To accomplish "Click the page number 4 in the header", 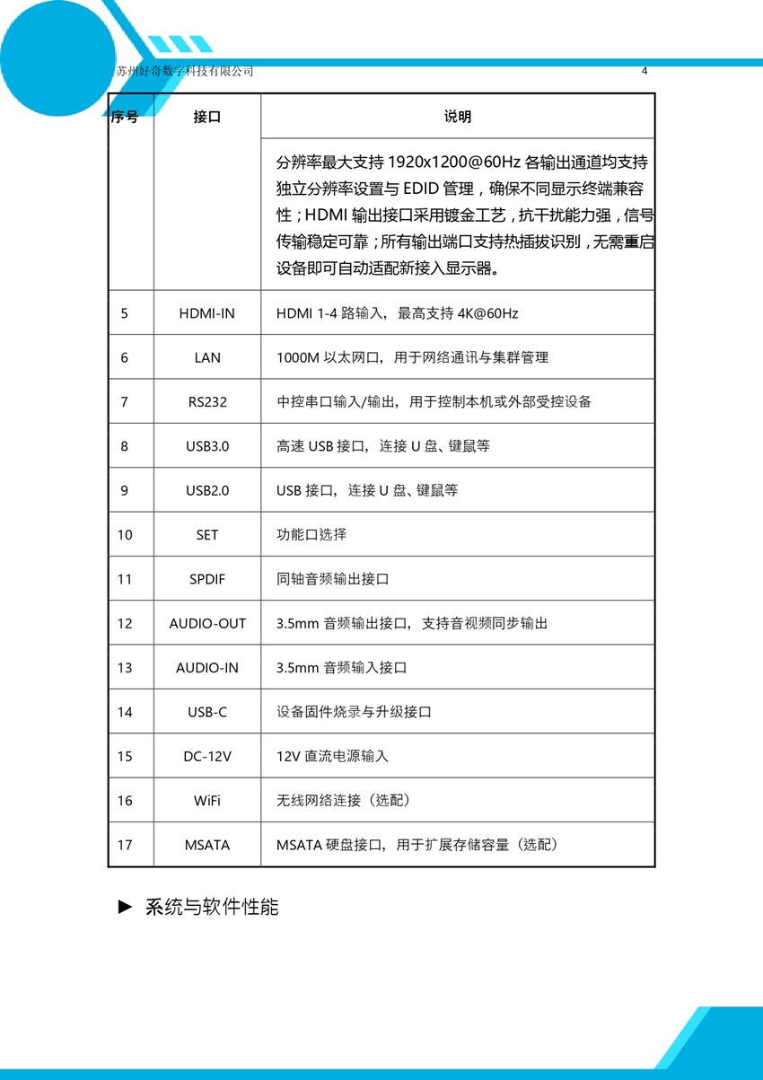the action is point(645,72).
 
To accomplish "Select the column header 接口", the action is point(206,117).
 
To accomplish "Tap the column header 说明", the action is point(457,117).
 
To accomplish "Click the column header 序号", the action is point(125,117).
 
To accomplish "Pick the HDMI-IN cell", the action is point(206,313).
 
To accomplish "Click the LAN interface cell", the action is point(206,357).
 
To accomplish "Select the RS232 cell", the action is point(206,401).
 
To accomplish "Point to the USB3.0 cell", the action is point(206,446).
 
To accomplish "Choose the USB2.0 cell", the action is point(206,490).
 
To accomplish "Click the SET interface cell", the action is point(206,535).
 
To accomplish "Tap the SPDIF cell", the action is point(206,579).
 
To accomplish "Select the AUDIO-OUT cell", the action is point(206,623).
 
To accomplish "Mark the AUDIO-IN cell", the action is point(206,668).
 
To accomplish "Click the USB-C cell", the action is point(206,712).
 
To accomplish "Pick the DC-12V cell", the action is point(206,756).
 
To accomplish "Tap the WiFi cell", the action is point(206,801).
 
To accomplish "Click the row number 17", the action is point(125,845).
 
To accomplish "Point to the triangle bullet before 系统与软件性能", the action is point(126,907).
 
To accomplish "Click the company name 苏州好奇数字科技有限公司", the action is point(185,72).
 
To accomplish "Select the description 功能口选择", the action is point(311,535).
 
